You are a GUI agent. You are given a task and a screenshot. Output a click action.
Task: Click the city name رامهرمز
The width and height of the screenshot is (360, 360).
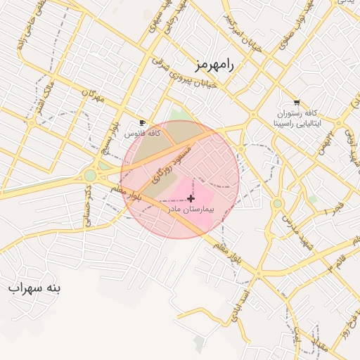[x=215, y=65]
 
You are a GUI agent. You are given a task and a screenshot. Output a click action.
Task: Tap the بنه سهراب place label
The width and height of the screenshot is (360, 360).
[x=35, y=288]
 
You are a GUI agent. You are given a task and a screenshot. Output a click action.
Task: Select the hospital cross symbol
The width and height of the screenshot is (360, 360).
[x=191, y=199]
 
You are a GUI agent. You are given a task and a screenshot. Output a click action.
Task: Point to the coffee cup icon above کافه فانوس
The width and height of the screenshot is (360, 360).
[x=143, y=122]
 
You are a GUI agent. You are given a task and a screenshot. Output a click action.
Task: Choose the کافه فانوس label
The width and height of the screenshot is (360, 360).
[x=143, y=132]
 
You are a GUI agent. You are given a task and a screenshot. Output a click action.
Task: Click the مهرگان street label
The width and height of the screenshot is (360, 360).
[x=92, y=96]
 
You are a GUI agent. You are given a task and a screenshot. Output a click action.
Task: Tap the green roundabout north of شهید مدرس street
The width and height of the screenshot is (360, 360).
[x=278, y=204]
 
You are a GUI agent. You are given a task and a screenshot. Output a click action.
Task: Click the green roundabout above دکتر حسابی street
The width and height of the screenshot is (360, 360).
[x=90, y=175]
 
